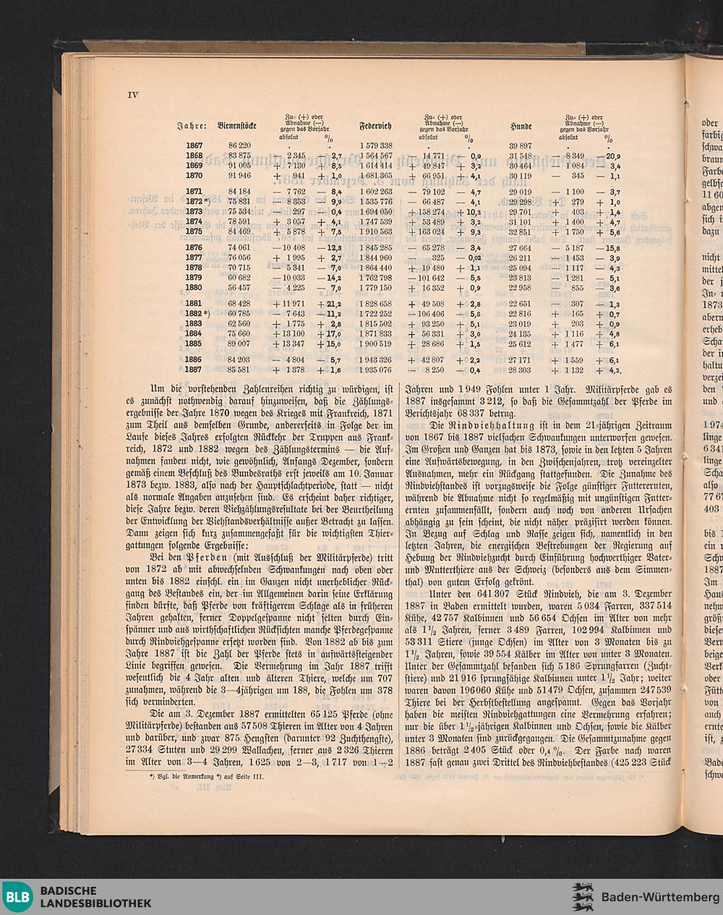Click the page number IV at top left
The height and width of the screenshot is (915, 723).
coord(133,95)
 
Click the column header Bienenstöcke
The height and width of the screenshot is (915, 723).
coord(237,126)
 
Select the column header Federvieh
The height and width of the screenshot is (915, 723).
coord(376,126)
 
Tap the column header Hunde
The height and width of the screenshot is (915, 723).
coord(521,127)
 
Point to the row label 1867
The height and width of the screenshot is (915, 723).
coord(194,145)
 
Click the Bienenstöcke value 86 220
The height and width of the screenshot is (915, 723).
coord(239,145)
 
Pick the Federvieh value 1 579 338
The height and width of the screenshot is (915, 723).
coord(376,145)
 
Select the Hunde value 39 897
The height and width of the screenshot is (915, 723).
coord(520,145)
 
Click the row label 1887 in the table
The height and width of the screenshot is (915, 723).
coord(194,369)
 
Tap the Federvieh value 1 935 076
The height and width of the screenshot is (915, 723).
coord(376,369)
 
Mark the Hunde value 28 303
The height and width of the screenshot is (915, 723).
coord(520,369)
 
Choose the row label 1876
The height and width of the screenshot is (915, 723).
coord(194,247)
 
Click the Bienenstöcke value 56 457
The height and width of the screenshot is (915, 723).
coord(239,287)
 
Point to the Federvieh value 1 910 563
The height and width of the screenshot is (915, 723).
coord(376,231)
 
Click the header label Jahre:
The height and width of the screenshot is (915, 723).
coord(193,127)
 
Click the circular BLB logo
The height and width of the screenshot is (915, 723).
coord(17,898)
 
